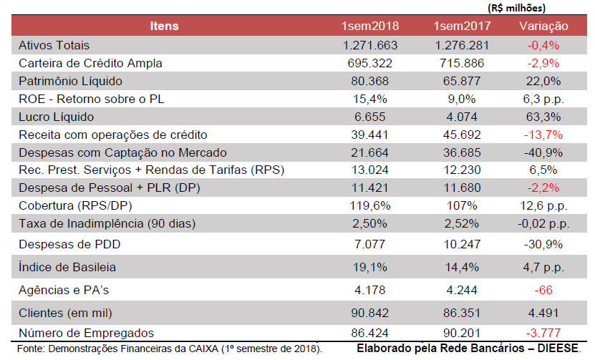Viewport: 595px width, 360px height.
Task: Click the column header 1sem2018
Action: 370,26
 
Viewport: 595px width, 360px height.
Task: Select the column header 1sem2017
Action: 462,26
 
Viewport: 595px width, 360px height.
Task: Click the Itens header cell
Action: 164,26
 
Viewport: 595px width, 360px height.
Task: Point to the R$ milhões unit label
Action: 517,8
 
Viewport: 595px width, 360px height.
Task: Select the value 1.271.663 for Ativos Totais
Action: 370,44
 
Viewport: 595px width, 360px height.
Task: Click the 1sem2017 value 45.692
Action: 462,135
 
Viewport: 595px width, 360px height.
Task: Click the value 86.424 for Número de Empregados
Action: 370,333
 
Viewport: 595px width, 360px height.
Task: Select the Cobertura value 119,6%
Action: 370,206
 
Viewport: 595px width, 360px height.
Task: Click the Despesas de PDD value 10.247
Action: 462,245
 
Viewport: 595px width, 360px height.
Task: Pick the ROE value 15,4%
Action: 370,99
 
